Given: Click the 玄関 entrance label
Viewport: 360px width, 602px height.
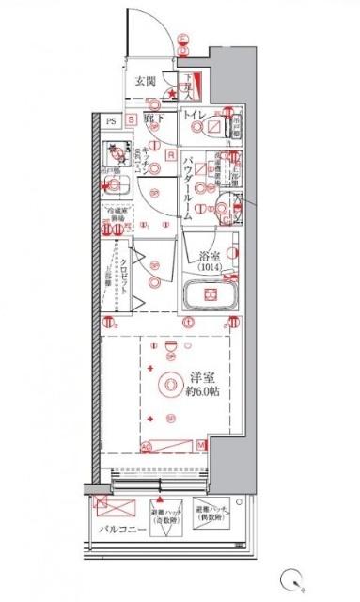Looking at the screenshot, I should pos(146,80).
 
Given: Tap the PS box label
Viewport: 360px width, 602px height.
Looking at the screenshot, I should pos(111,119).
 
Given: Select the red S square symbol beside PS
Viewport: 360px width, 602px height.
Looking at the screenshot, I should pos(133,119).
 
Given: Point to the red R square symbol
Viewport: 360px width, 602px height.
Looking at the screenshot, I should pos(170,154).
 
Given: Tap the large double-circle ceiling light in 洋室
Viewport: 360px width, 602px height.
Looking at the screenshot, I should pos(168,384).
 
